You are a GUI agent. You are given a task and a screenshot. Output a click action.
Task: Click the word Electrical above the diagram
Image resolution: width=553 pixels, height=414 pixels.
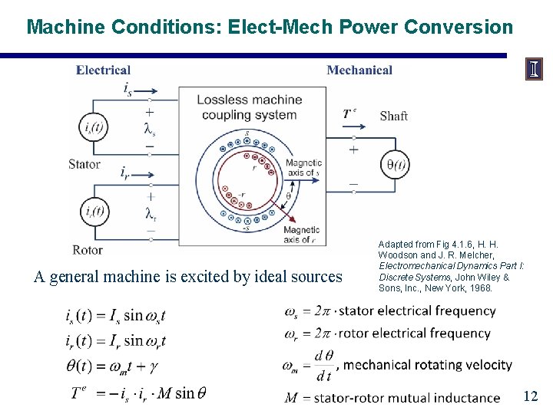pyautogui.click(x=103, y=71)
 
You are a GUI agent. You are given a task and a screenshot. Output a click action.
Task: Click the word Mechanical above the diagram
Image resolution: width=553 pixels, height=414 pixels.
pyautogui.click(x=359, y=71)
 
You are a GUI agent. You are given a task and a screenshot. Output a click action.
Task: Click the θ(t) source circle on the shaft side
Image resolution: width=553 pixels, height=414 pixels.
pyautogui.click(x=397, y=163)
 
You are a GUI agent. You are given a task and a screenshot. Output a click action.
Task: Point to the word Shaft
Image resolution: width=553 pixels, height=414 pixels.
pyautogui.click(x=393, y=117)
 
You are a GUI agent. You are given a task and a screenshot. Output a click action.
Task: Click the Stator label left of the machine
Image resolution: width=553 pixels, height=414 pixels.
pyautogui.click(x=84, y=164)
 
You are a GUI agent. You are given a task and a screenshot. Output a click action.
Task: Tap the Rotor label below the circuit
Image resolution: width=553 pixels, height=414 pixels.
pyautogui.click(x=87, y=250)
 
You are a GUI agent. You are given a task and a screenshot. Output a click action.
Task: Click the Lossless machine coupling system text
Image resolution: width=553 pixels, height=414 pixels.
pyautogui.click(x=250, y=107)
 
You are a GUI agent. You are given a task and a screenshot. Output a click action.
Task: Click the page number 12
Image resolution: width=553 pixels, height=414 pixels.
pyautogui.click(x=530, y=396)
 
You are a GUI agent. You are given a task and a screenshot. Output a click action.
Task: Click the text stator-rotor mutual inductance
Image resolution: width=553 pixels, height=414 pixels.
pyautogui.click(x=402, y=397)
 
